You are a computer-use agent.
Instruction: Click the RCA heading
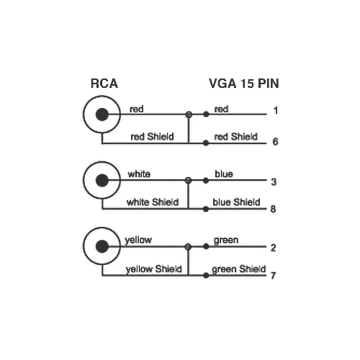(104, 84)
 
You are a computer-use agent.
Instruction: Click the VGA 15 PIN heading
(244, 84)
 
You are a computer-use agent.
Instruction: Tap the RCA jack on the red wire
(102, 115)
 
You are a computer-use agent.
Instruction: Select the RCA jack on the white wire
(102, 180)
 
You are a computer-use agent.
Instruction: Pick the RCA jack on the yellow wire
(102, 247)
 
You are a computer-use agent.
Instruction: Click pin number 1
(275, 111)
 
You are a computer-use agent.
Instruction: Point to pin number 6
(275, 141)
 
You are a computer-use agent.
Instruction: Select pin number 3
(274, 182)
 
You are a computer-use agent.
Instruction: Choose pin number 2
(273, 248)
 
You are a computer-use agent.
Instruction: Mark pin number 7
(273, 276)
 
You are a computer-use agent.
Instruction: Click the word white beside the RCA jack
(139, 174)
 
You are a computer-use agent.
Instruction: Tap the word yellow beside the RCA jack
(138, 240)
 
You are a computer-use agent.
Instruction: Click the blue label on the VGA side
(224, 174)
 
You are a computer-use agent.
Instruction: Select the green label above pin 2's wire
(226, 240)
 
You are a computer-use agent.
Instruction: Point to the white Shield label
(152, 202)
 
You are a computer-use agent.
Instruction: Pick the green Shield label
(239, 269)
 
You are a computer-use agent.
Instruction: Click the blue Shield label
(236, 202)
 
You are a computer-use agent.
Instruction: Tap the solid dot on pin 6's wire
(206, 143)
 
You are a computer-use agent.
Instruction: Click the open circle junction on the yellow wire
(188, 247)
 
